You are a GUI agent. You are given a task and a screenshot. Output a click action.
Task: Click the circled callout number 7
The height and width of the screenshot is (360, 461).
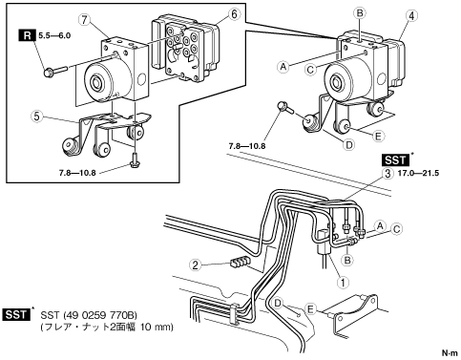click(84, 20)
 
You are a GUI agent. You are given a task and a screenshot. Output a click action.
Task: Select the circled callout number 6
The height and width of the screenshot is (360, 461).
click(234, 14)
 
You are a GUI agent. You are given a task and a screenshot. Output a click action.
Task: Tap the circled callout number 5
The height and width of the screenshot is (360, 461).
click(37, 116)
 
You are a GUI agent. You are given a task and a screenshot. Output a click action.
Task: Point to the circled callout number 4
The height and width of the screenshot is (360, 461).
click(411, 16)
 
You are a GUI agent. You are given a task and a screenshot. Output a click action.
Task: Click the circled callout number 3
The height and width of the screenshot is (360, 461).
click(388, 174)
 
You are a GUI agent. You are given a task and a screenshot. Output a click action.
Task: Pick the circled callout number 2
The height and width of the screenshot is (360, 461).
click(196, 265)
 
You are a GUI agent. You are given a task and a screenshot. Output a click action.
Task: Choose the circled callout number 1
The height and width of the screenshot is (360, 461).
click(343, 282)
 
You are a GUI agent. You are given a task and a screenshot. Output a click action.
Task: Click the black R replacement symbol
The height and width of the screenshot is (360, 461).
click(28, 35)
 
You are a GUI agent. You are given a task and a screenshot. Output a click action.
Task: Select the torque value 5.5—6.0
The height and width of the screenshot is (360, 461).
click(54, 35)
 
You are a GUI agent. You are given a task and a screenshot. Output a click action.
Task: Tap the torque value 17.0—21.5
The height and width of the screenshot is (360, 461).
click(419, 173)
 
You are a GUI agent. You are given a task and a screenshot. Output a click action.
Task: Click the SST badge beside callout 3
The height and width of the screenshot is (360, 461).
click(395, 159)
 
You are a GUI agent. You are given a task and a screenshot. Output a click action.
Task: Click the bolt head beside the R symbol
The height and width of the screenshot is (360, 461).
click(49, 73)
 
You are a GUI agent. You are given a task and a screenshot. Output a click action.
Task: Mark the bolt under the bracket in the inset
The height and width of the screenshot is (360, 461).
click(135, 159)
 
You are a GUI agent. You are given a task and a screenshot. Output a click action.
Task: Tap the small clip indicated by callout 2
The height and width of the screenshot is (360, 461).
click(240, 263)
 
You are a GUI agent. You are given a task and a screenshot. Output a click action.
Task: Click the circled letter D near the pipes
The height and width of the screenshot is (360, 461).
click(278, 303)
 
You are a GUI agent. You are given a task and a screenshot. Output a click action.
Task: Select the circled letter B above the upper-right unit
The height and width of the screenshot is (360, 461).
click(360, 13)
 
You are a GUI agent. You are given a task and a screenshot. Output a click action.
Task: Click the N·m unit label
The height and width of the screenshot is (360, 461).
click(450, 352)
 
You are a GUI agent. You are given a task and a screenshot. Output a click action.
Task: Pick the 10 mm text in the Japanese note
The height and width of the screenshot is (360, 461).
click(157, 327)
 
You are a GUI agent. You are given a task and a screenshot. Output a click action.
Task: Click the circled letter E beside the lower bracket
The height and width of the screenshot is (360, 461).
click(310, 309)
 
